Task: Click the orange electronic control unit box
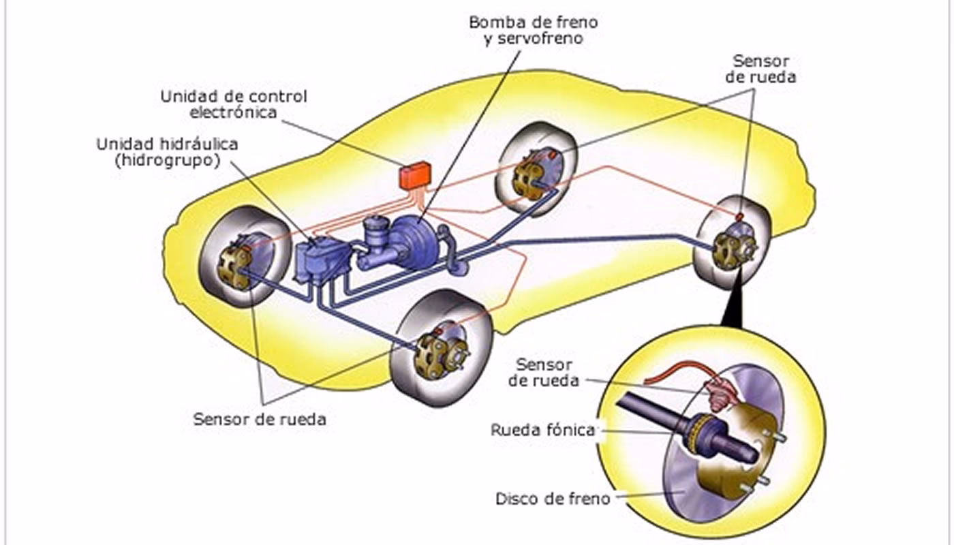tap(414, 174)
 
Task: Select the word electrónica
tap(233, 112)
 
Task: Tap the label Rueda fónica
tap(542, 430)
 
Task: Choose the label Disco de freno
tap(553, 499)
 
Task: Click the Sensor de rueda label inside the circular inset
tap(544, 373)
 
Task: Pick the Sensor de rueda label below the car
tap(260, 419)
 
